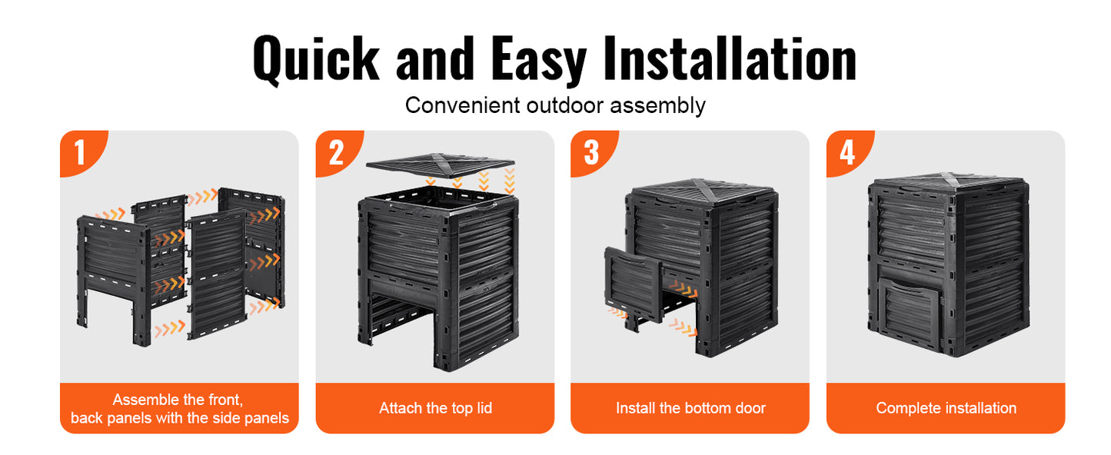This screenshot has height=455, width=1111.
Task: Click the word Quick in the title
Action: (315, 58)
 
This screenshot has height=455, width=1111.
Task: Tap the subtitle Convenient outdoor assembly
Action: (555, 105)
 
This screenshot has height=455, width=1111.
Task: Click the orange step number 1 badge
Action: (80, 151)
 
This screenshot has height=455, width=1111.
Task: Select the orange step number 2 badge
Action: (336, 151)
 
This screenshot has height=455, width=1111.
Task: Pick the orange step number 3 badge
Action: (591, 151)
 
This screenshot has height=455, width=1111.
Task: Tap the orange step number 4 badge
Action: (847, 151)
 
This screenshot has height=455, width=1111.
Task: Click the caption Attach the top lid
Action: (435, 408)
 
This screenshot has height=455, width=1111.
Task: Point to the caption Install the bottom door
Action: (690, 408)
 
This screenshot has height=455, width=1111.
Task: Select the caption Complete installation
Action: (946, 408)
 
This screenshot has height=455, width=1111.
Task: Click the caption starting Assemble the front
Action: (179, 408)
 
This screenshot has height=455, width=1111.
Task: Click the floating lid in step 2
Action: (440, 164)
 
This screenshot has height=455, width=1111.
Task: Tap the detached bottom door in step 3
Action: (633, 281)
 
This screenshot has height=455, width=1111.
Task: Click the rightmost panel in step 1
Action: (254, 246)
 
